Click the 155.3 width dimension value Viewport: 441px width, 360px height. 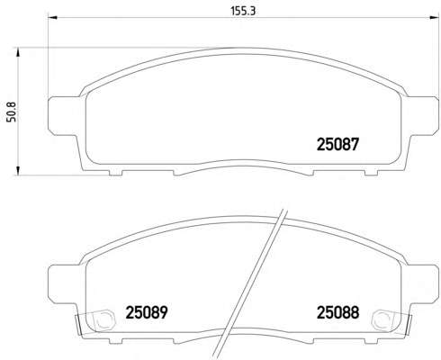point(243,11)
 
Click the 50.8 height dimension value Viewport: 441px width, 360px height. point(12,112)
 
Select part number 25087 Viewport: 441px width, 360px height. point(337,145)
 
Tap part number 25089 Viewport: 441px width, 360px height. point(147,312)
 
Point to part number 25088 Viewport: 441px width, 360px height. point(337,312)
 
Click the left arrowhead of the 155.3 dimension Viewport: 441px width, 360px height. point(53,17)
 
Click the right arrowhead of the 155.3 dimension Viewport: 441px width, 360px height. point(434,17)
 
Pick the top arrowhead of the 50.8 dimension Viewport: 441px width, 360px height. point(18,52)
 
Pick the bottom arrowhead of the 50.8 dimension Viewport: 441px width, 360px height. point(18,170)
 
